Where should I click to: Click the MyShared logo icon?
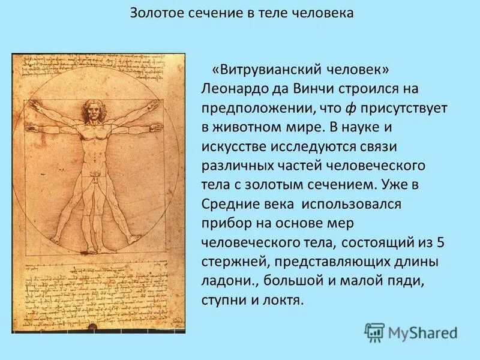(374, 332)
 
